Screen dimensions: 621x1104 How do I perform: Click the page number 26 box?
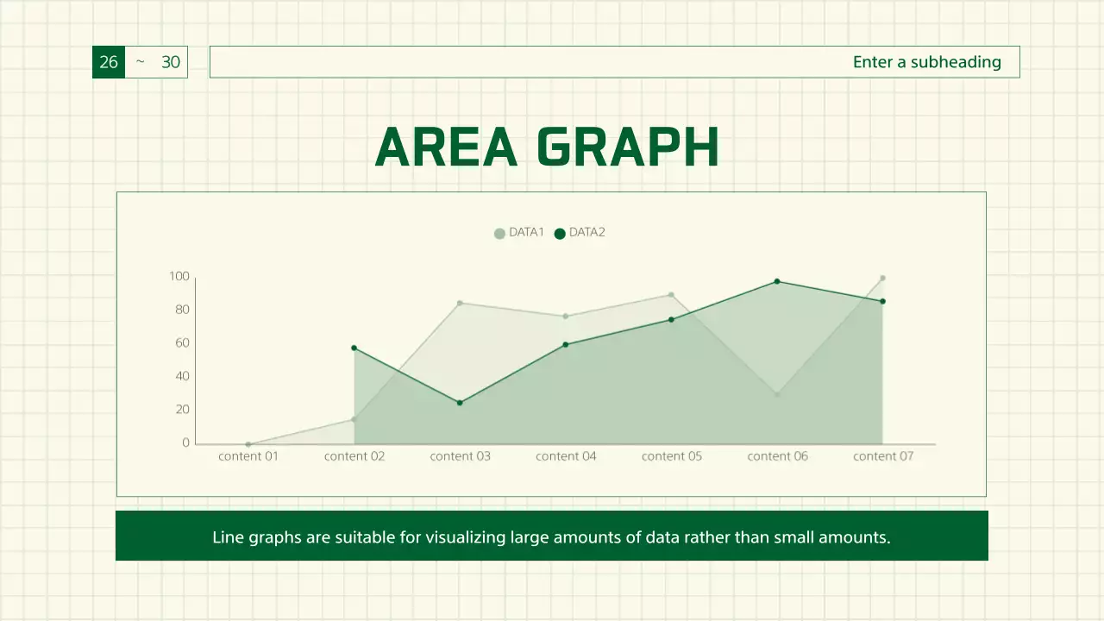[109, 62]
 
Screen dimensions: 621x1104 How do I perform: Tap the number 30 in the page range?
[171, 62]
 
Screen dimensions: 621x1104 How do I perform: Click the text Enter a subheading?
[926, 62]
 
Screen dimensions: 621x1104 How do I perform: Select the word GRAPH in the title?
[628, 147]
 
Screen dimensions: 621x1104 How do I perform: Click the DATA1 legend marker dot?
[499, 233]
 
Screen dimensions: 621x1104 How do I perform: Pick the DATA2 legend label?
[587, 232]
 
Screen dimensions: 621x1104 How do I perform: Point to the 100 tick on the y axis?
[179, 277]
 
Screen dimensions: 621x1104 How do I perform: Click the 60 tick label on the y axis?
[182, 343]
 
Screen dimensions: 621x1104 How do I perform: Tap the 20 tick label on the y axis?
[182, 410]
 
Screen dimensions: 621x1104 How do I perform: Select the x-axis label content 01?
[248, 456]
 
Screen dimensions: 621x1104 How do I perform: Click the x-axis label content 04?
[566, 456]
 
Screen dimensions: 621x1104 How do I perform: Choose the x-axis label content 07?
[883, 456]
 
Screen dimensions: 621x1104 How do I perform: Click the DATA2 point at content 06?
[777, 281]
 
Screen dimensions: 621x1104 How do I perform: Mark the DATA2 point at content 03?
[460, 403]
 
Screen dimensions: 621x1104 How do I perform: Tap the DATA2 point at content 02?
[354, 348]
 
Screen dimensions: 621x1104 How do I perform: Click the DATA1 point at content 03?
[460, 303]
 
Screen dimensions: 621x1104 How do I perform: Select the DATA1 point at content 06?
[777, 394]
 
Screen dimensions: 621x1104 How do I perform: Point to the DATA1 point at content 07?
[882, 278]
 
